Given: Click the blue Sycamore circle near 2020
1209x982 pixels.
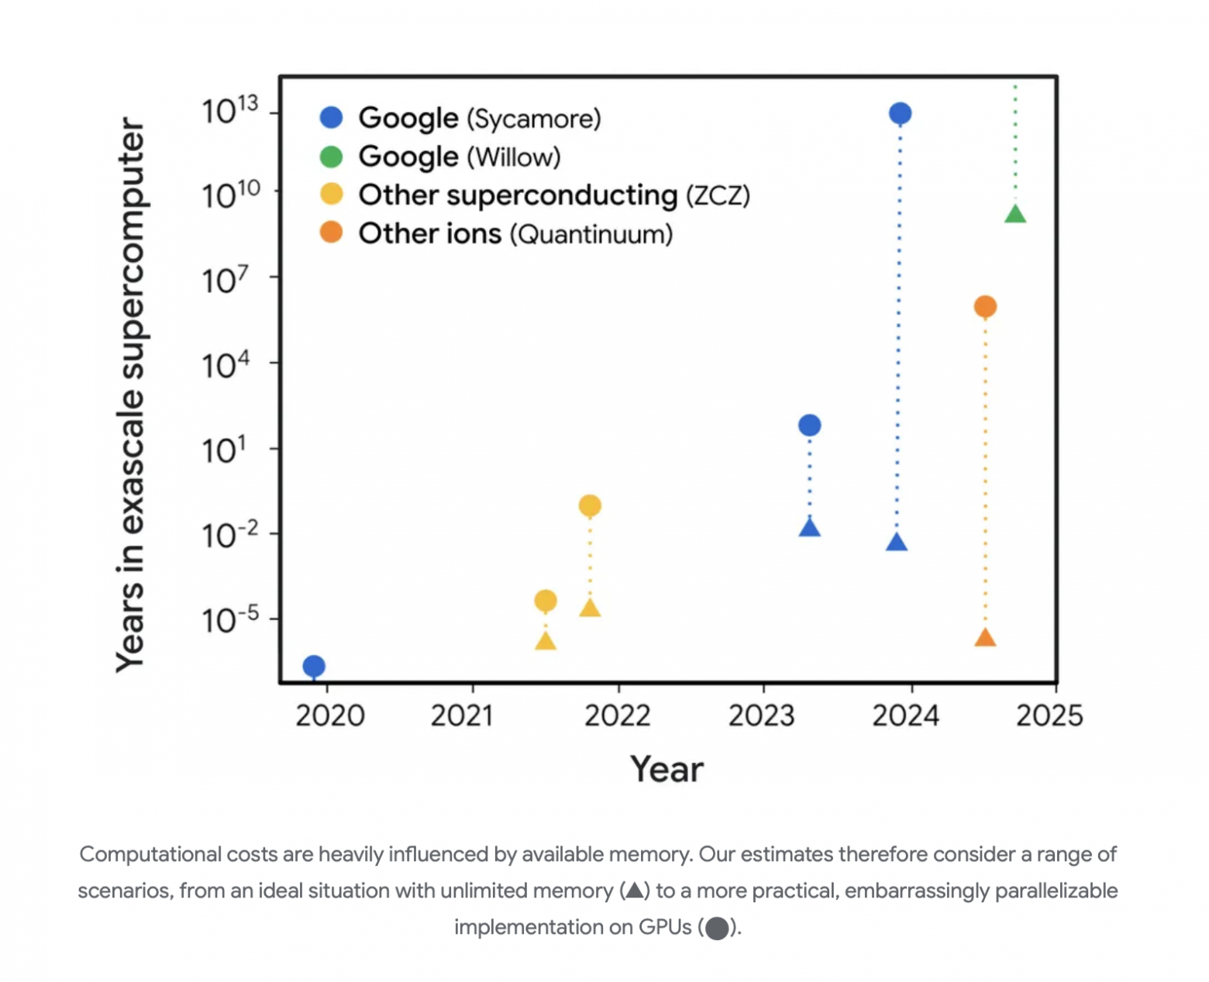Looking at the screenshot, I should point(314,666).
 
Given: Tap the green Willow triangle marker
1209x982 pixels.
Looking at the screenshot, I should point(1015,215).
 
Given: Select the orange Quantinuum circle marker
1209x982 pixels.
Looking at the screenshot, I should point(985,307).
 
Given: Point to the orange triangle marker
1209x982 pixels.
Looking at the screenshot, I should point(985,638).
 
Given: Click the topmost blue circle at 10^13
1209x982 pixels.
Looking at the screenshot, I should point(900,114).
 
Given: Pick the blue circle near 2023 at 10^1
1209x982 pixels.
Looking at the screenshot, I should point(809,425).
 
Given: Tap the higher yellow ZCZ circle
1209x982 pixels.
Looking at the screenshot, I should point(590,506).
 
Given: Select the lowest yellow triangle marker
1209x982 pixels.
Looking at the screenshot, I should point(546,641).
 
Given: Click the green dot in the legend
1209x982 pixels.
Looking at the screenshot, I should point(331,157).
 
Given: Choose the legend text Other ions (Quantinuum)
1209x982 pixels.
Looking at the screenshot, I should point(515,233).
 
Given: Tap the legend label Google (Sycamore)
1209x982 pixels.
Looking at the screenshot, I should point(479,118).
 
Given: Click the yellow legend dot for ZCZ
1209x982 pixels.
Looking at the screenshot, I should point(331,195).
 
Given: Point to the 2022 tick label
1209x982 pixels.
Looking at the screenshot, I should point(617,715).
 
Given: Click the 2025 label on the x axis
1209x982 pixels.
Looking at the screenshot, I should point(1049,715).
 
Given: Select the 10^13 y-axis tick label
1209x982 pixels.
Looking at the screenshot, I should point(230,112).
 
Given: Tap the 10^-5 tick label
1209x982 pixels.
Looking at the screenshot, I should point(230,620).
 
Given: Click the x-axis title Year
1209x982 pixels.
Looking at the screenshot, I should point(666,770).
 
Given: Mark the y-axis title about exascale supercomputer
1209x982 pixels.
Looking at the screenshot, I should point(130,395).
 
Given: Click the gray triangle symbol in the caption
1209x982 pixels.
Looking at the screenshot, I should point(635,890).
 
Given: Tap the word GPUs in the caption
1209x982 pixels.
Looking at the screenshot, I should point(664,927).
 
